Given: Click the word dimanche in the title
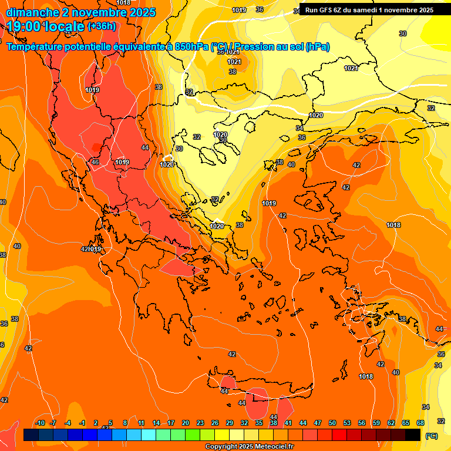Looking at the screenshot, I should tap(29, 12).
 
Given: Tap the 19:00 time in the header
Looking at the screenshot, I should tap(23, 26).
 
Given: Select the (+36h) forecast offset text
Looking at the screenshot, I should tap(102, 26).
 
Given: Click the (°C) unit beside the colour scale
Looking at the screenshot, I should tap(432, 436).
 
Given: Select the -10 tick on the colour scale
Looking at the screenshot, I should tap(40, 423).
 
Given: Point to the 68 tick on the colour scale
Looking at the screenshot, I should tap(420, 423).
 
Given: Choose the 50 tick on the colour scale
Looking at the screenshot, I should tap(332, 423).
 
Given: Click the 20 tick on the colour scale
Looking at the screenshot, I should tap(186, 423).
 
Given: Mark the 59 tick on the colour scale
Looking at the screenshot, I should tap(376, 423).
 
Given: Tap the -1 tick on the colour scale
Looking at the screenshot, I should tap(82, 423).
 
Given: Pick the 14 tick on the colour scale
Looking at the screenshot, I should tap(156, 423).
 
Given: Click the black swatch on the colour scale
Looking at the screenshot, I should tap(413, 435).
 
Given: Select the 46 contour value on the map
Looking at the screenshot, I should tap(95, 162).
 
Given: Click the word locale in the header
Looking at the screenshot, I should tap(63, 26).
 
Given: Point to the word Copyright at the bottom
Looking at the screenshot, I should tap(222, 447).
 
